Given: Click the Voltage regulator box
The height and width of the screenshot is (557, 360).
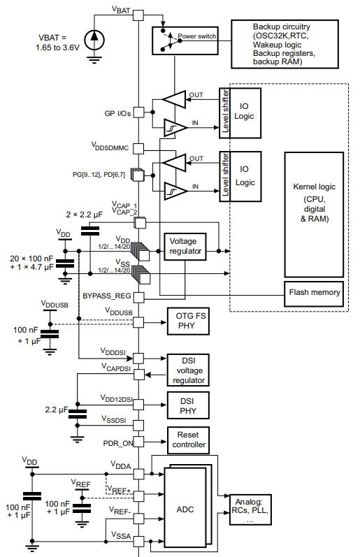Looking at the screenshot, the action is pyautogui.click(x=185, y=247).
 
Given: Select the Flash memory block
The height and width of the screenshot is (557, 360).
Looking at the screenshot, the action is pyautogui.click(x=314, y=294).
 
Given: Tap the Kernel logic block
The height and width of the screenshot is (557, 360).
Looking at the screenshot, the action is pyautogui.click(x=314, y=215).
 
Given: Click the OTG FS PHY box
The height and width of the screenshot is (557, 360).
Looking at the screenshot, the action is pyautogui.click(x=188, y=321).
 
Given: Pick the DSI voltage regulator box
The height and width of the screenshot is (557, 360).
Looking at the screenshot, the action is pyautogui.click(x=188, y=370).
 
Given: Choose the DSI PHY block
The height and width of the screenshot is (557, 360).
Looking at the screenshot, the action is pyautogui.click(x=188, y=405).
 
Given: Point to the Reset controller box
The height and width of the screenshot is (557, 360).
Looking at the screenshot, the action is pyautogui.click(x=188, y=440).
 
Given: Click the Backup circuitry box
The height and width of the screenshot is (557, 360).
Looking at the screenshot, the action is pyautogui.click(x=285, y=44).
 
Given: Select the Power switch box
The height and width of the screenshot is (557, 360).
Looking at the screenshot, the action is pyautogui.click(x=185, y=41).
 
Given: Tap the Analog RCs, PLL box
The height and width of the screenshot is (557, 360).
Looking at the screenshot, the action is pyautogui.click(x=250, y=509).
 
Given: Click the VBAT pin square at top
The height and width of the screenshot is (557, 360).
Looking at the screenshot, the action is pyautogui.click(x=138, y=15).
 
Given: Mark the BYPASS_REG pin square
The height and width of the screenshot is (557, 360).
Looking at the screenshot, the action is pyautogui.click(x=138, y=297).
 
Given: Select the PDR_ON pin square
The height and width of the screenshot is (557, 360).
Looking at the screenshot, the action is pyautogui.click(x=138, y=442).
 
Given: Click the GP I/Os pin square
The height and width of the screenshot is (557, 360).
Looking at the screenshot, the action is pyautogui.click(x=138, y=113).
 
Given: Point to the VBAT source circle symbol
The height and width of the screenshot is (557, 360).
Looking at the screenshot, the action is pyautogui.click(x=94, y=39).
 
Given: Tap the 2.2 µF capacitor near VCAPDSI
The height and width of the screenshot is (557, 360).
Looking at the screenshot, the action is pyautogui.click(x=78, y=414).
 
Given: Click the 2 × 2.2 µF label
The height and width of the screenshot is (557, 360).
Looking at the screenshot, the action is pyautogui.click(x=84, y=215).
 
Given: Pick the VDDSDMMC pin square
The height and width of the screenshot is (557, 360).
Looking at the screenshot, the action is pyautogui.click(x=138, y=148).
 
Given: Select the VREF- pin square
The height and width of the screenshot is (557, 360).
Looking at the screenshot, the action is pyautogui.click(x=138, y=519).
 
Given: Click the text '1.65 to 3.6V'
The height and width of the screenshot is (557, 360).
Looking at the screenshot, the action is pyautogui.click(x=57, y=48).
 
